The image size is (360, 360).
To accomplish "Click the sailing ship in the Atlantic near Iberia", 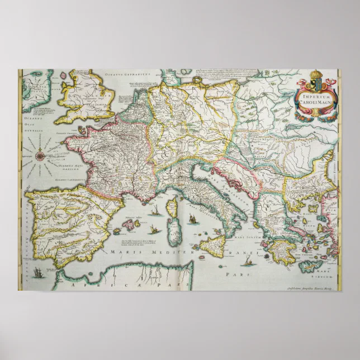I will pyautogui.click(x=37, y=272).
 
